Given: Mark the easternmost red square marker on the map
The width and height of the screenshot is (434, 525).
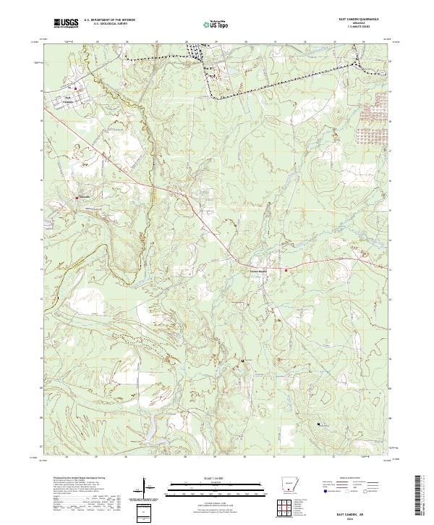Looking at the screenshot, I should pos(286,270).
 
